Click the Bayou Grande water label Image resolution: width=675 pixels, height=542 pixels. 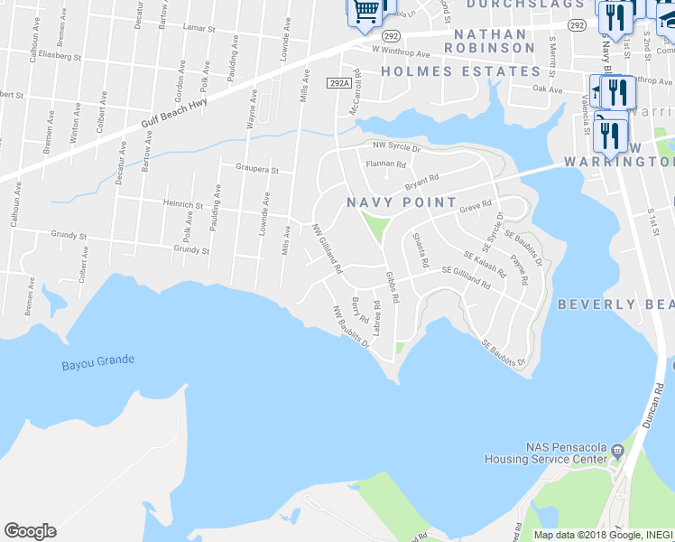coord(98,362)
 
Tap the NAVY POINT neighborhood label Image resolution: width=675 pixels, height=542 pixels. coord(402,202)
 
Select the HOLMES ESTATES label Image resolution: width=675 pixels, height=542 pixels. coord(460,71)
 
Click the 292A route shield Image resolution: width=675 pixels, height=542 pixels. coord(338,82)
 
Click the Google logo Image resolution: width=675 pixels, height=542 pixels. coord(30,531)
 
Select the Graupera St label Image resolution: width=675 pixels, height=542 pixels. coord(257,169)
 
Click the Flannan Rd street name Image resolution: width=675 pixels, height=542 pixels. coord(386,164)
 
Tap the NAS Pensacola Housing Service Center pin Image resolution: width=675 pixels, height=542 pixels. coord(617,450)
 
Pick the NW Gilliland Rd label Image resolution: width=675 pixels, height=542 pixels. coord(327,249)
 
